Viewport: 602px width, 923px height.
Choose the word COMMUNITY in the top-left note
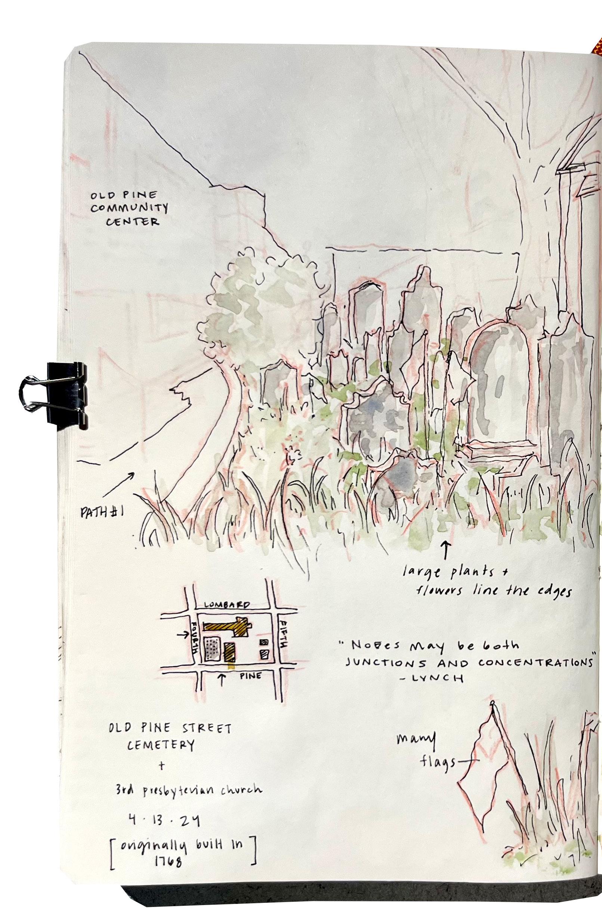129,209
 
